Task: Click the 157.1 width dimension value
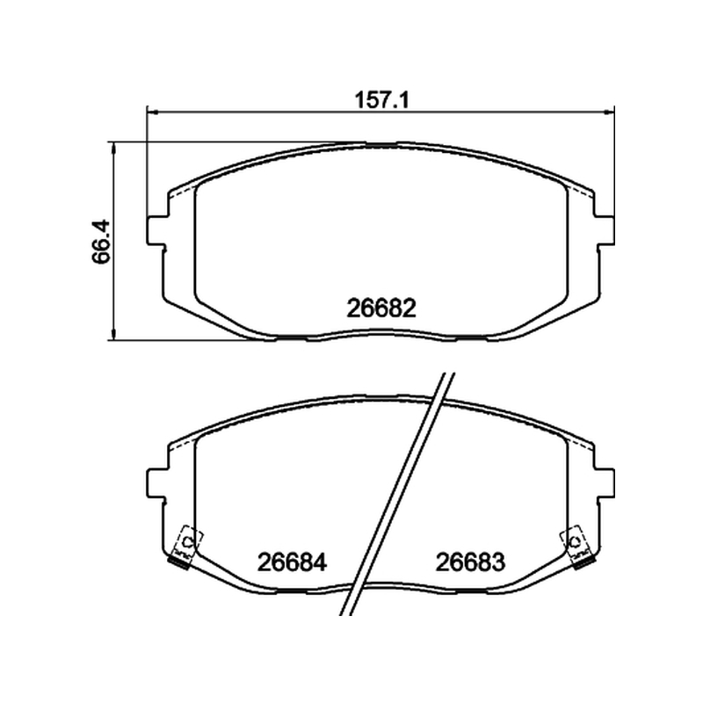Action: [382, 100]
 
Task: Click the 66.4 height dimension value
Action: [101, 241]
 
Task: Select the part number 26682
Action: [381, 308]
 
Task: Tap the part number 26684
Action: [292, 562]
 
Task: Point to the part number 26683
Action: [470, 562]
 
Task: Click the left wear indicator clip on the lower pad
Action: [185, 547]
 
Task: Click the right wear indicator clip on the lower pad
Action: [578, 547]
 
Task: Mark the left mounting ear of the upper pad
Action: [157, 231]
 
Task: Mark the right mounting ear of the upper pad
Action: [604, 231]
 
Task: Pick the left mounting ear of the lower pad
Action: [157, 482]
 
